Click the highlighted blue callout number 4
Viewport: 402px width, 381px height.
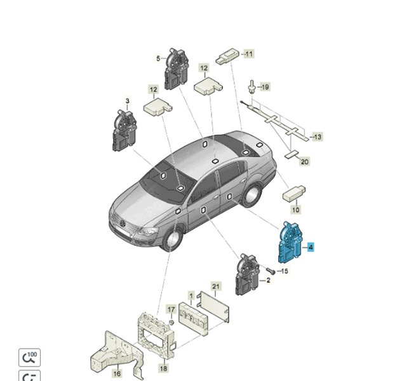311,248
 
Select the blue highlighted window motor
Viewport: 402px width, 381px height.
290,243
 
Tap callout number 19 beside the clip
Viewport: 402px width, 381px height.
265,87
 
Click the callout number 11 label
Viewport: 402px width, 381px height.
249,54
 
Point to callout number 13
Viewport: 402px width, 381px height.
318,137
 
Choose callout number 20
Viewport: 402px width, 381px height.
305,162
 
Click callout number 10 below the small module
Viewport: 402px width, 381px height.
295,210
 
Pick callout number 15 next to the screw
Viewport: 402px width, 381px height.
285,271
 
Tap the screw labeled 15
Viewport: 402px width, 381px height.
271,271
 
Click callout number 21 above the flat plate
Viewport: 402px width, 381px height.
216,286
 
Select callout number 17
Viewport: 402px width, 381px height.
171,310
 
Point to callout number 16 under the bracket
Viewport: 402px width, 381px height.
117,373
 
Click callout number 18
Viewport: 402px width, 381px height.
163,368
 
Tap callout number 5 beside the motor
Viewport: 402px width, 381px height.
158,58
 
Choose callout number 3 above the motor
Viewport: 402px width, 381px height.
128,101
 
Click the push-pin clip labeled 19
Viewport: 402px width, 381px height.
251,86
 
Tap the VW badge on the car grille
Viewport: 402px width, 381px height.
123,224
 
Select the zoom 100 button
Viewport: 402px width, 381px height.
29,358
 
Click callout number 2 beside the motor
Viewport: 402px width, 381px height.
268,280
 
